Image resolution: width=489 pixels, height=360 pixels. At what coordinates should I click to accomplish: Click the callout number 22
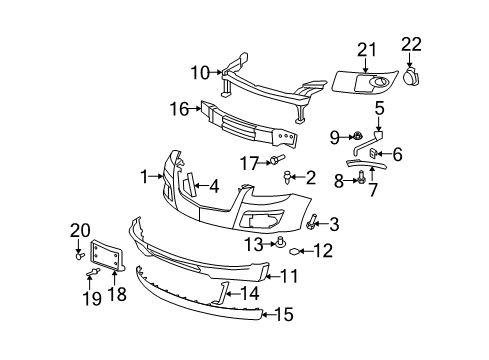(x=411, y=43)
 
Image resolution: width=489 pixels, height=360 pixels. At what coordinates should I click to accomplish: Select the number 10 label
(x=200, y=72)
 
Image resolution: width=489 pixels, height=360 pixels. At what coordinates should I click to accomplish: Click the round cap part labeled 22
(x=412, y=76)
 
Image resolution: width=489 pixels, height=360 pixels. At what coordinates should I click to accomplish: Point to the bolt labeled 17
(x=275, y=160)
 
